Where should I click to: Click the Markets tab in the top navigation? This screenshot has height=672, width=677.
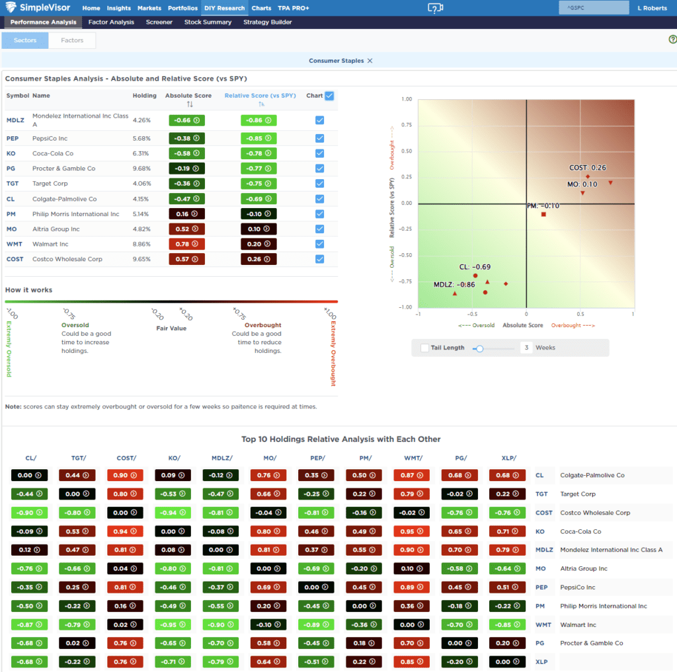pos(149,8)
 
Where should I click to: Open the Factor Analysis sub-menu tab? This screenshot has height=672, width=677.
pos(111,22)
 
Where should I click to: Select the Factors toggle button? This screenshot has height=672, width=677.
pos(72,40)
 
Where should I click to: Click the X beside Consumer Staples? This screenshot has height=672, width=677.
pos(370,61)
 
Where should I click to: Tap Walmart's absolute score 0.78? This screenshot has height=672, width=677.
pos(186,244)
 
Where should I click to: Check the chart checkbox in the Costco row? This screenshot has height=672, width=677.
pos(320,259)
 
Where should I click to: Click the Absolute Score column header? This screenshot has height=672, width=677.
pos(188,96)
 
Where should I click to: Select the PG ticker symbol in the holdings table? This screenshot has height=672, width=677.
pos(12,168)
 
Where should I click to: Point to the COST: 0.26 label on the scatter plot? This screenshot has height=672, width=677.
pos(588,168)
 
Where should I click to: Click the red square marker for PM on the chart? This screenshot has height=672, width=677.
pos(543,214)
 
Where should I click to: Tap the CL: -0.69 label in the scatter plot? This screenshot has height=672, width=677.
pos(475,267)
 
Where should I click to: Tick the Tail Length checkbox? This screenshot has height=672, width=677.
pos(424,348)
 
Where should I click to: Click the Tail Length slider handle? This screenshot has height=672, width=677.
pos(480,348)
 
